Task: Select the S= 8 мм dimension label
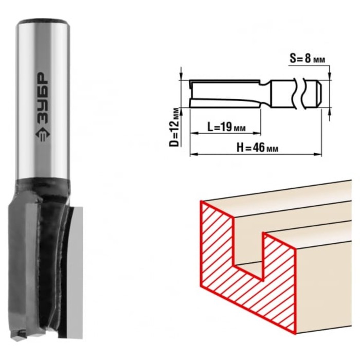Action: coord(307,59)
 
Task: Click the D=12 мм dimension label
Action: coord(174,127)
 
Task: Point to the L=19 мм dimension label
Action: coord(226,127)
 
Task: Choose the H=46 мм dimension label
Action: coord(257,148)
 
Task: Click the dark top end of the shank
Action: coord(43,22)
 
